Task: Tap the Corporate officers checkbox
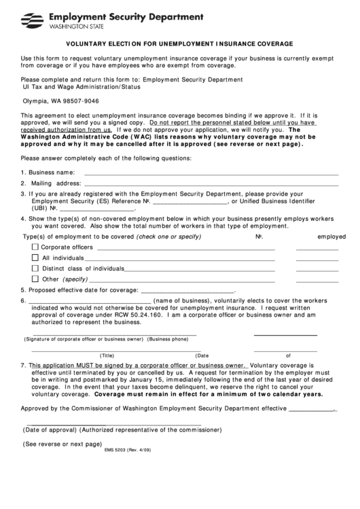[x=35, y=247]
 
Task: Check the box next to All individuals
[x=35, y=258]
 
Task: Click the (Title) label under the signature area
[x=107, y=355]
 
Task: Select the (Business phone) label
[x=168, y=338]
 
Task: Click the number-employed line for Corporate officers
[x=317, y=249]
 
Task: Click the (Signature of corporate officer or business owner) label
[x=84, y=338]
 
